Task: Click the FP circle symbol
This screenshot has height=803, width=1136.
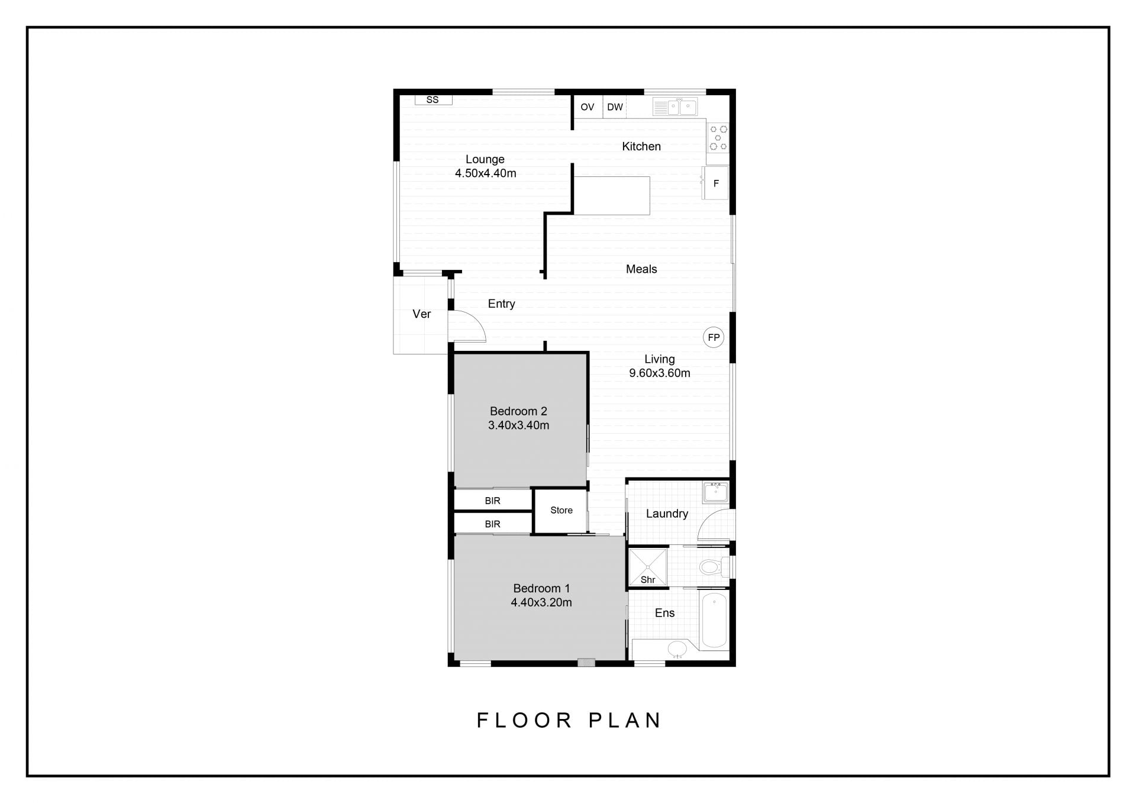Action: click(x=714, y=337)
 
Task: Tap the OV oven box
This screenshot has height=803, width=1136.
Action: click(x=588, y=107)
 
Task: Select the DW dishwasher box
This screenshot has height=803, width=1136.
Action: click(x=615, y=107)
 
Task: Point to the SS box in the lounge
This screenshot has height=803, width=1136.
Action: click(x=433, y=100)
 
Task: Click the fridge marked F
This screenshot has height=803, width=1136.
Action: click(x=715, y=183)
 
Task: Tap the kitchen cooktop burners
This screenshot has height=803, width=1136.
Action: click(x=718, y=137)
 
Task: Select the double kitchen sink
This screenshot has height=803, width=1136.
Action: click(x=675, y=107)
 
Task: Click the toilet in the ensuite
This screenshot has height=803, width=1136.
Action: click(x=713, y=567)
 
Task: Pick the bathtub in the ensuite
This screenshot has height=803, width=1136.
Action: click(x=714, y=621)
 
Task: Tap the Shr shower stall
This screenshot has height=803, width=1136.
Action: click(x=648, y=567)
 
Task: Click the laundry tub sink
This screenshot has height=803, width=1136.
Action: click(x=716, y=492)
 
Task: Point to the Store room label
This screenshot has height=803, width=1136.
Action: click(x=561, y=510)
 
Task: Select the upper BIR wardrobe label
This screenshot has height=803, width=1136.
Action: click(x=492, y=501)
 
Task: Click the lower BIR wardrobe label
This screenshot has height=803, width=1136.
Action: click(x=492, y=524)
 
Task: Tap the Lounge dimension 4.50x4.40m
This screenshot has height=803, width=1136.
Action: click(x=485, y=173)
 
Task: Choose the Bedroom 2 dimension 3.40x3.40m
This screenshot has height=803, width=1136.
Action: click(x=518, y=425)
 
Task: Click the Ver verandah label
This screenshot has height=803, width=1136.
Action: click(x=421, y=314)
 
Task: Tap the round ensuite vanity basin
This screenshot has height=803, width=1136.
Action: click(x=678, y=649)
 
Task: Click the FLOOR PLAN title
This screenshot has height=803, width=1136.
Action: click(x=569, y=720)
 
